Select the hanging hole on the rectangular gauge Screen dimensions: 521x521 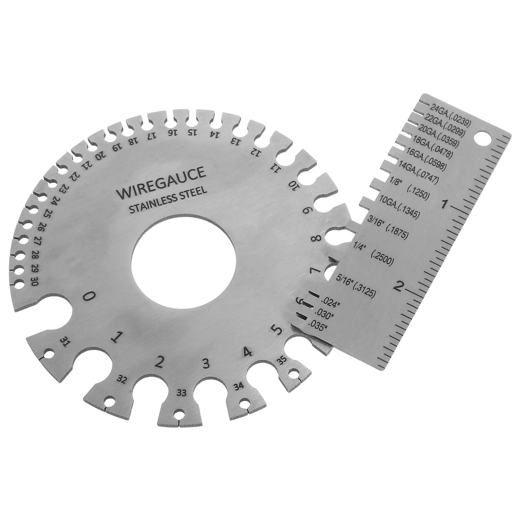coord(483,138)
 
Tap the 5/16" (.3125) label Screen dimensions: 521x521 coord(356,285)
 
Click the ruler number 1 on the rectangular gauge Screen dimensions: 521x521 coord(443,205)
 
